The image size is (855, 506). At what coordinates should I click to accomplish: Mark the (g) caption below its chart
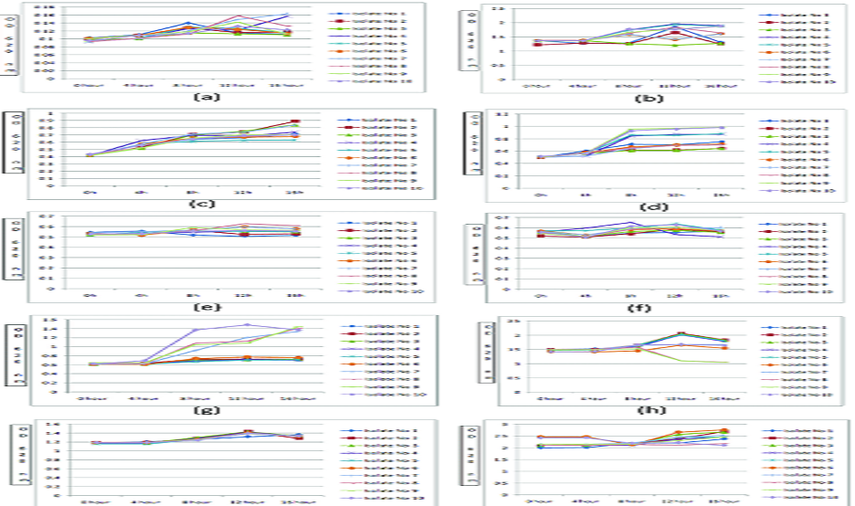pos(201,412)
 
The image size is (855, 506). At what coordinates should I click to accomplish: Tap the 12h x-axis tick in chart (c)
pos(244,193)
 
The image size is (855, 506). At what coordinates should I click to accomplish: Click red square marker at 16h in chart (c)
pos(293,121)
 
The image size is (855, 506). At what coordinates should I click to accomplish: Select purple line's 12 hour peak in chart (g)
pos(245,324)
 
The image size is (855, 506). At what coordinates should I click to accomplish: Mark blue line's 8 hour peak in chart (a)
pos(187,23)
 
